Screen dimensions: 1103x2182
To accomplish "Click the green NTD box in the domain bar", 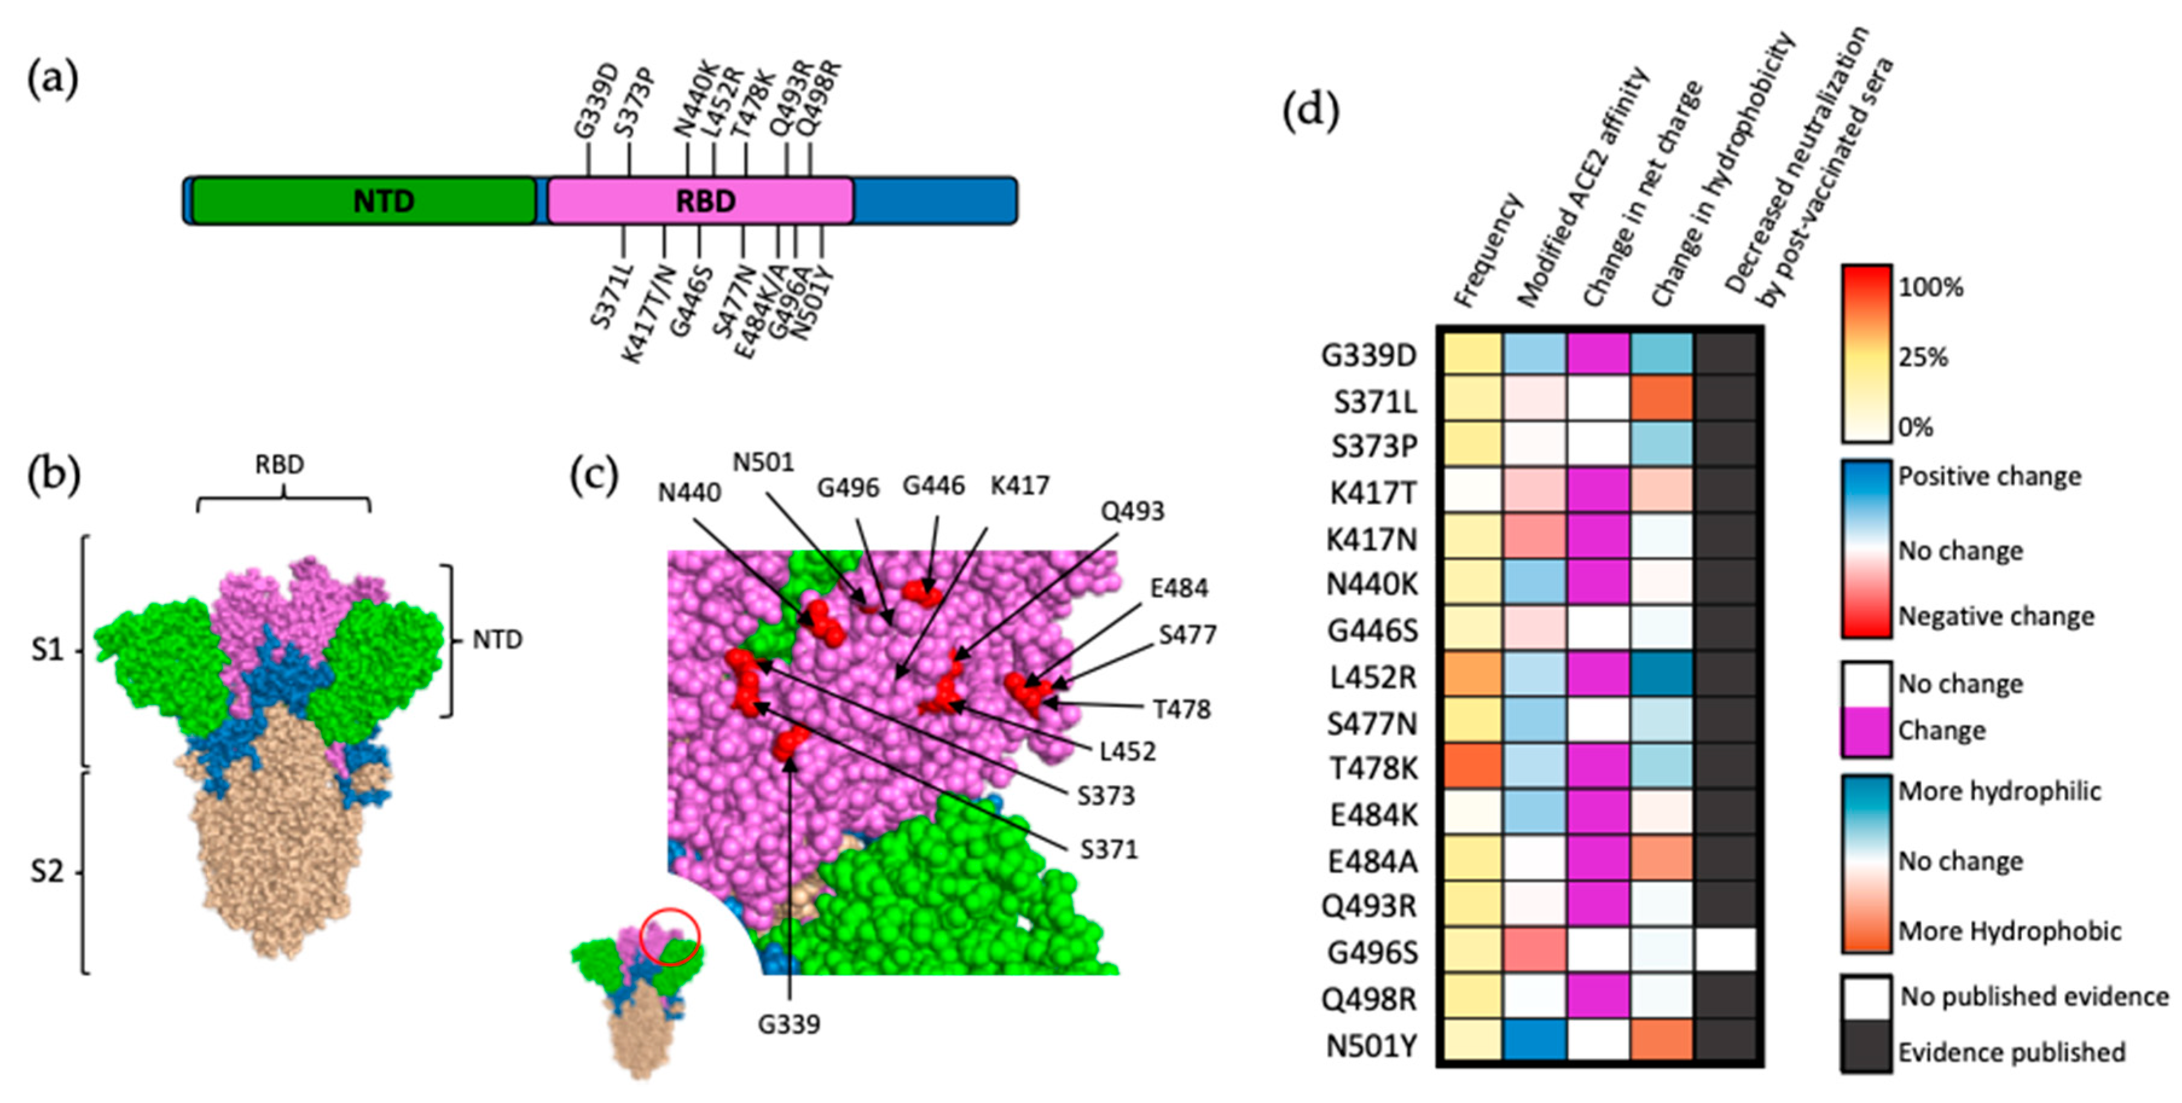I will click(364, 201).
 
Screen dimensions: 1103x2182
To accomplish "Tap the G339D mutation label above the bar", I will click(595, 101).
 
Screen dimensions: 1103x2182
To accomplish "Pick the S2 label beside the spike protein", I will click(48, 871).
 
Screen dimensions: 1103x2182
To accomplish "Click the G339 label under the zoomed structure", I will click(789, 1024).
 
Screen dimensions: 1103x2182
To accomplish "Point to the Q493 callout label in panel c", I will click(1132, 511).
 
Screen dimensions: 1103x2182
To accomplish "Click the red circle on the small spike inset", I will click(669, 936).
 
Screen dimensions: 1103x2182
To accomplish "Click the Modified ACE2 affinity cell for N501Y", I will click(1535, 1044).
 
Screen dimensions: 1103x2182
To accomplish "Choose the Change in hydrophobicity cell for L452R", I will click(1661, 675).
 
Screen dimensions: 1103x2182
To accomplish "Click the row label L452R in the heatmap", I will click(1372, 677).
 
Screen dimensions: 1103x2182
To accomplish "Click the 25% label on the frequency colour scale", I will click(1923, 358).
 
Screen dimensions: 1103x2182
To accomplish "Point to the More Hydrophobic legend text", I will click(2009, 931).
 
